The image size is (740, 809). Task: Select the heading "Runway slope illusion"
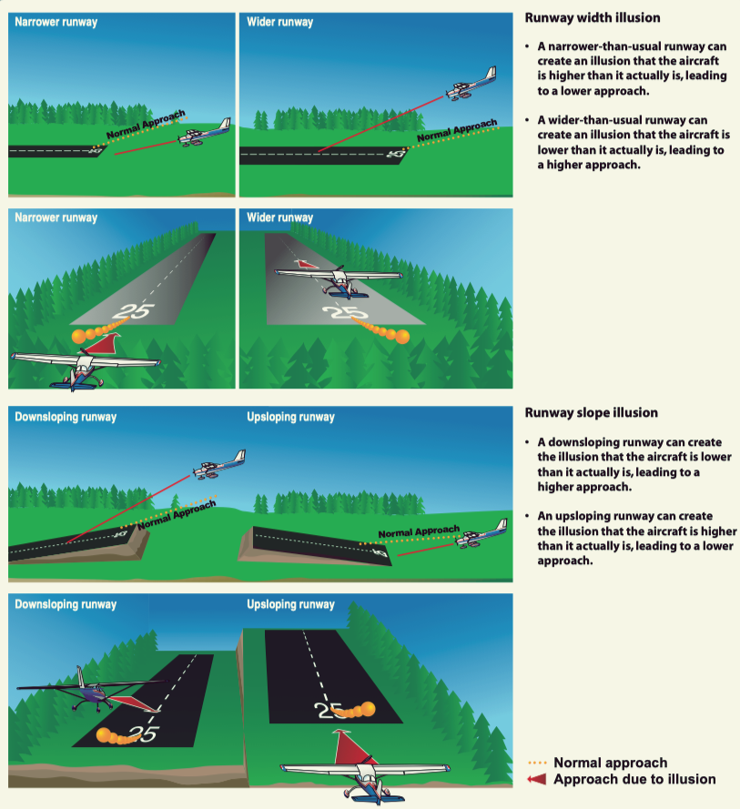[x=592, y=413]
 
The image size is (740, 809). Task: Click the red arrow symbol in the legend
[x=538, y=779]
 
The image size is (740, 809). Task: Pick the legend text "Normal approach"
[x=610, y=763]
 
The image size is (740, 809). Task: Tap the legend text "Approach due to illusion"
[x=634, y=779]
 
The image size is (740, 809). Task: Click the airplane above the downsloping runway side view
[x=219, y=465]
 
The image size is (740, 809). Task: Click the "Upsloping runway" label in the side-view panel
[x=290, y=418]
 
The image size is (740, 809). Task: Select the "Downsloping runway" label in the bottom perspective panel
[x=66, y=604]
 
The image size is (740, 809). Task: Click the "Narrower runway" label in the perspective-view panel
[x=56, y=218]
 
